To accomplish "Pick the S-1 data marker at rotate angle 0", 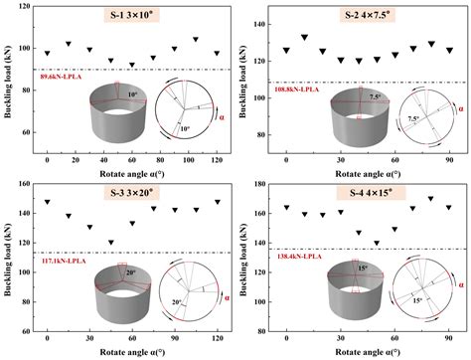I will coord(47,54).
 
